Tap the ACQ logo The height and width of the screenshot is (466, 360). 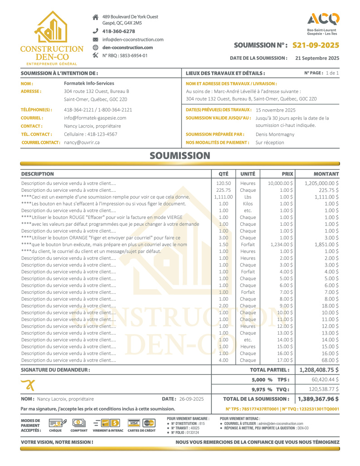[x=323, y=19]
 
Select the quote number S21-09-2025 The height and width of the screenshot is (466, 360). [x=316, y=45]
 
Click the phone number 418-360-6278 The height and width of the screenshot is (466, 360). [x=118, y=31]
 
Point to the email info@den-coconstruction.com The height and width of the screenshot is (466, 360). [x=133, y=39]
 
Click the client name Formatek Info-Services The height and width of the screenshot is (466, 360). [x=89, y=83]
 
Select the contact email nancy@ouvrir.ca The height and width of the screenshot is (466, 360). [x=82, y=142]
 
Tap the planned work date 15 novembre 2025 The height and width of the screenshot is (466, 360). [x=275, y=110]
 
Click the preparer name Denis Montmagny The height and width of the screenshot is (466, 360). [x=275, y=134]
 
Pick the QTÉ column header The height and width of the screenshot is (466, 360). [x=224, y=174]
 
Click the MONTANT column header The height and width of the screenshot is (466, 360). [x=326, y=174]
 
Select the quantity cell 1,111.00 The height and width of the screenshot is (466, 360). [x=224, y=197]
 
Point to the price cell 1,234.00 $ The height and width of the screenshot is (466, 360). [x=280, y=244]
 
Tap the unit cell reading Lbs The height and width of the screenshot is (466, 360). [x=248, y=197]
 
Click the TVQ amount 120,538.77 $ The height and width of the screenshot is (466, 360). [x=323, y=389]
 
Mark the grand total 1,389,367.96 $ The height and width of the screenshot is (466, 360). [x=318, y=399]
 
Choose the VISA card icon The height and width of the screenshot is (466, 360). [x=133, y=423]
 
